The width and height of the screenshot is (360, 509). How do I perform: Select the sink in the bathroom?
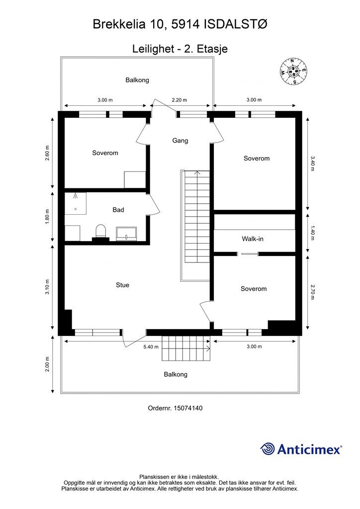(126, 233)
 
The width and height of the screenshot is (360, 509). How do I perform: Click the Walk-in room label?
(253, 239)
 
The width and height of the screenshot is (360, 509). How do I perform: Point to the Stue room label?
(122, 285)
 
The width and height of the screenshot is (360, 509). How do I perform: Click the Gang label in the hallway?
(180, 141)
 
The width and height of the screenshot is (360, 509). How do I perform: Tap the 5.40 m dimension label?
(150, 346)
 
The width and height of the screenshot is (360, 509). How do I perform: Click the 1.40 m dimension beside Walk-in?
(313, 231)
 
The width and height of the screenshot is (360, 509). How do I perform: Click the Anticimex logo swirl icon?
(268, 449)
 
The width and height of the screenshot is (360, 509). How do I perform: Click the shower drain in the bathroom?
(75, 209)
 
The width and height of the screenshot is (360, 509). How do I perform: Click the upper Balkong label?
(137, 80)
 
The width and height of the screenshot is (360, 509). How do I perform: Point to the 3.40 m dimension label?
(313, 164)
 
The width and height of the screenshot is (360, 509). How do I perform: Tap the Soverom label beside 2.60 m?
(105, 153)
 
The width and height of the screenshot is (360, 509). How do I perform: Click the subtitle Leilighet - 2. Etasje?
(180, 49)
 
